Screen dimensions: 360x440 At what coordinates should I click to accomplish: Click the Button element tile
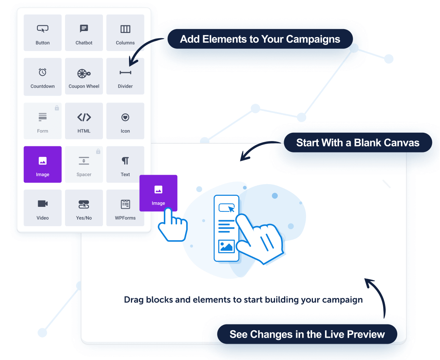tap(42, 33)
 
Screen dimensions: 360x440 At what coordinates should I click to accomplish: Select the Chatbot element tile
tap(84, 33)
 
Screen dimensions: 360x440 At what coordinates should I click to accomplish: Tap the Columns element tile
tap(125, 33)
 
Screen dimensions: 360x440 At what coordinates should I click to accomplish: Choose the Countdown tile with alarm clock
tap(42, 76)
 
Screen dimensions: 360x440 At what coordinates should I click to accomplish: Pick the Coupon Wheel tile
tap(84, 76)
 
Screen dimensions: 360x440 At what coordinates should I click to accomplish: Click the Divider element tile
tap(125, 76)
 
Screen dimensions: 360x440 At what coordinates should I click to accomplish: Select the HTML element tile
tap(84, 121)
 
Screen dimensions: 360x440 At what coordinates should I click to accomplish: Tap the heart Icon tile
tap(125, 121)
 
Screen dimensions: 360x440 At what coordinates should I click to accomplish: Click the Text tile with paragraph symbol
tap(125, 164)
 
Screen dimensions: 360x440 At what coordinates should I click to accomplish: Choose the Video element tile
tap(42, 208)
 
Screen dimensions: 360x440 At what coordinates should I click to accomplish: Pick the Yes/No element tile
tap(84, 208)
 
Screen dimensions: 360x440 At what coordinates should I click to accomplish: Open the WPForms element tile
tap(125, 208)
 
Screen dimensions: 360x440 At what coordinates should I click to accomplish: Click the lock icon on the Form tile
tap(57, 108)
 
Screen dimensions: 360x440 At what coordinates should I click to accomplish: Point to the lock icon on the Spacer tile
tap(98, 152)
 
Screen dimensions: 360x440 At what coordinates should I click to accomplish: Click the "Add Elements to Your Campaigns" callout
tap(260, 39)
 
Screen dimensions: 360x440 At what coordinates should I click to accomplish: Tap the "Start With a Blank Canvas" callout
tap(358, 143)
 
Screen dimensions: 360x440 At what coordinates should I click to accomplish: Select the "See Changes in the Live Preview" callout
tap(307, 334)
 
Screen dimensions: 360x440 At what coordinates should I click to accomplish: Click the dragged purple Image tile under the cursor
tap(158, 193)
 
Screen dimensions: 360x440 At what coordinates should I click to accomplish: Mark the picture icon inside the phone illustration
tap(226, 247)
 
